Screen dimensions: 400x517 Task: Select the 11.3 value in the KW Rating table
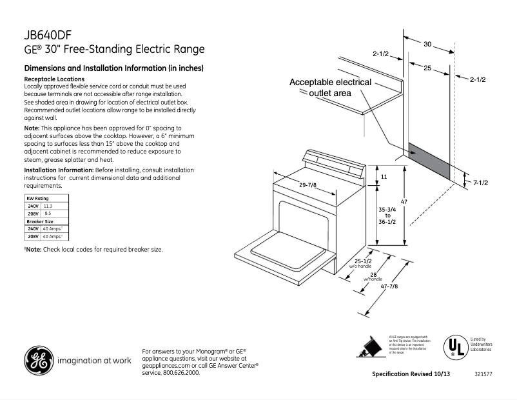pyautogui.click(x=47, y=205)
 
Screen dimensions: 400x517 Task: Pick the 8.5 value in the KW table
pyautogui.click(x=47, y=213)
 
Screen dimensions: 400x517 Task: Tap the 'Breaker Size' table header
pyautogui.click(x=40, y=221)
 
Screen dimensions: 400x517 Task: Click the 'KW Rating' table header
pyautogui.click(x=37, y=197)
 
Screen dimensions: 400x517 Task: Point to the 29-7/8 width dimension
pyautogui.click(x=307, y=185)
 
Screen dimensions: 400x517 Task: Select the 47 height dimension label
pyautogui.click(x=404, y=202)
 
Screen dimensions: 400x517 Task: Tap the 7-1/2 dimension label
pyautogui.click(x=481, y=183)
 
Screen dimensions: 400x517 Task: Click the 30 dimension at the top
pyautogui.click(x=427, y=44)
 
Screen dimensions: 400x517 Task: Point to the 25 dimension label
pyautogui.click(x=427, y=68)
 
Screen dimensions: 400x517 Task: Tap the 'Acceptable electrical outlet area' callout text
pyautogui.click(x=330, y=88)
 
